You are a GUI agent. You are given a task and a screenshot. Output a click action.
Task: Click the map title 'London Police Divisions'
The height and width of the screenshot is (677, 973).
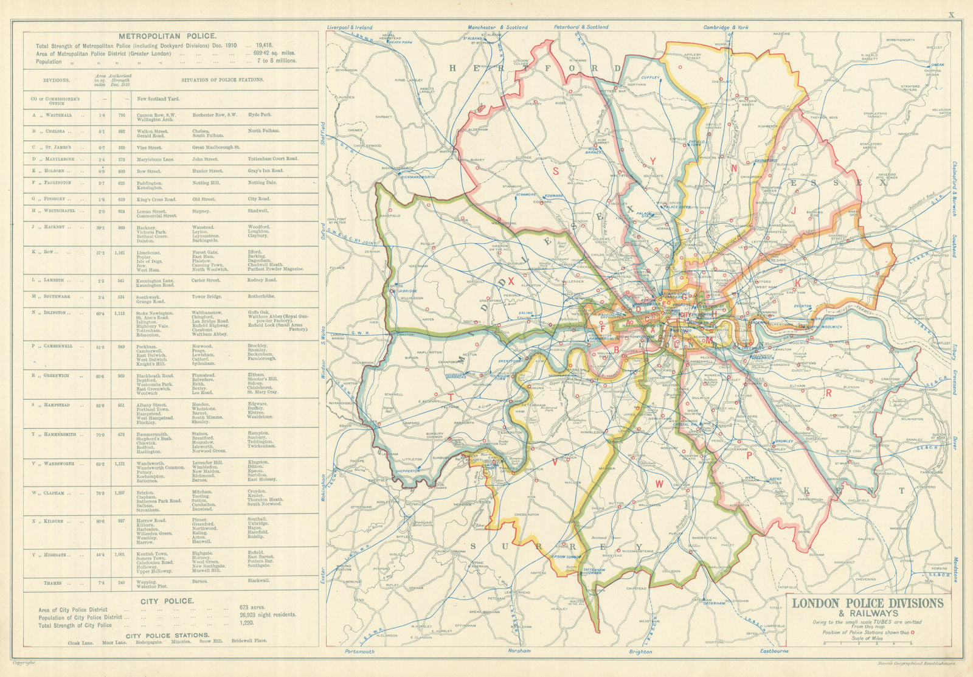tap(867, 603)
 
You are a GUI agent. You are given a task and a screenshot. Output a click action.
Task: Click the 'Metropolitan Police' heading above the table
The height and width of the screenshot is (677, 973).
tap(167, 36)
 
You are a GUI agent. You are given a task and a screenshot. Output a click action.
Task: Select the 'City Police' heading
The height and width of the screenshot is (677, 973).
tap(167, 600)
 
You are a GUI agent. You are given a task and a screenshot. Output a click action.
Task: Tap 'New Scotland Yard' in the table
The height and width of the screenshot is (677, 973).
tap(158, 99)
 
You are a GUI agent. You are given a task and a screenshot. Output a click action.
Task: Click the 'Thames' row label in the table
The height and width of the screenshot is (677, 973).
tap(53, 583)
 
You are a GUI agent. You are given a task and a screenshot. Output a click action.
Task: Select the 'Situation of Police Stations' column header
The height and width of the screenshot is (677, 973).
tap(222, 80)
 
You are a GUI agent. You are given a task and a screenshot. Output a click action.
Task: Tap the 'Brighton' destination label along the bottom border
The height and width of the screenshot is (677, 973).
tap(640, 651)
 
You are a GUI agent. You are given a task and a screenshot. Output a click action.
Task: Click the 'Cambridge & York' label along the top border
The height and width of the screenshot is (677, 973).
tap(725, 27)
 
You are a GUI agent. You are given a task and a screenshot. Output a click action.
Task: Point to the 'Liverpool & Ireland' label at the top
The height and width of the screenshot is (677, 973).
tap(349, 27)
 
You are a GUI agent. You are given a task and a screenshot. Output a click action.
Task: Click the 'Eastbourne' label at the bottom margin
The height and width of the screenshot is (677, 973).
tap(774, 651)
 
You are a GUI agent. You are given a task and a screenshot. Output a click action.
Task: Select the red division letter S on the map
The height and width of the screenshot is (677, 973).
tap(556, 171)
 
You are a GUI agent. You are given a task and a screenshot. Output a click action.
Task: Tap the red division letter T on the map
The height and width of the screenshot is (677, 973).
tap(451, 397)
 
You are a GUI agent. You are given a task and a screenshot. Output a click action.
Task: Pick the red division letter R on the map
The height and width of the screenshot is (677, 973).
tap(828, 394)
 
